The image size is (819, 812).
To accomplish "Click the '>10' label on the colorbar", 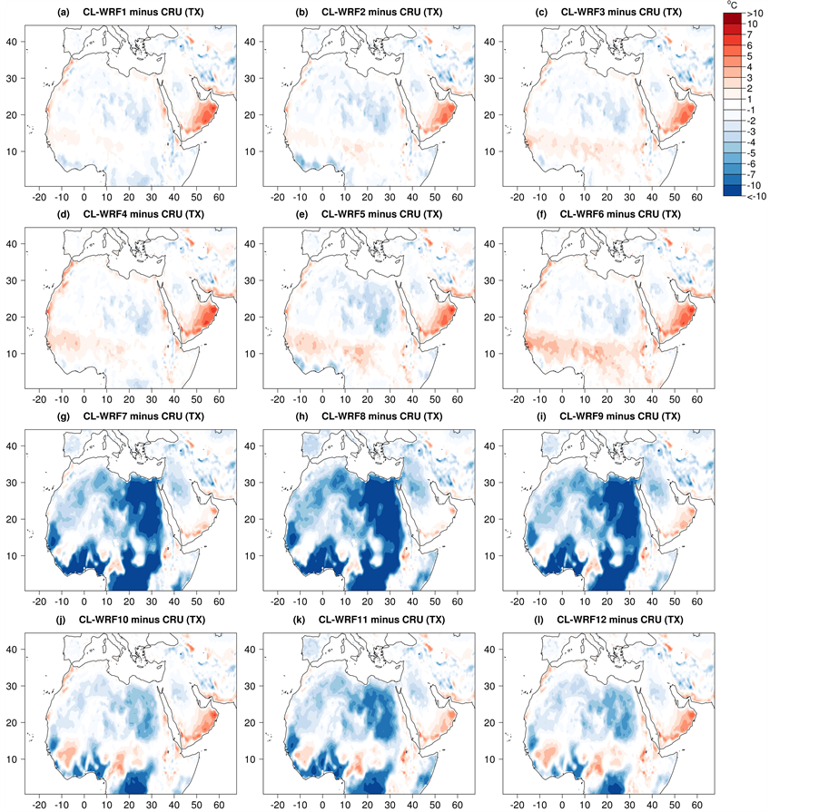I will tap(755, 15).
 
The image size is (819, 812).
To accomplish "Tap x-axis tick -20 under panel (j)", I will tap(40, 804).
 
